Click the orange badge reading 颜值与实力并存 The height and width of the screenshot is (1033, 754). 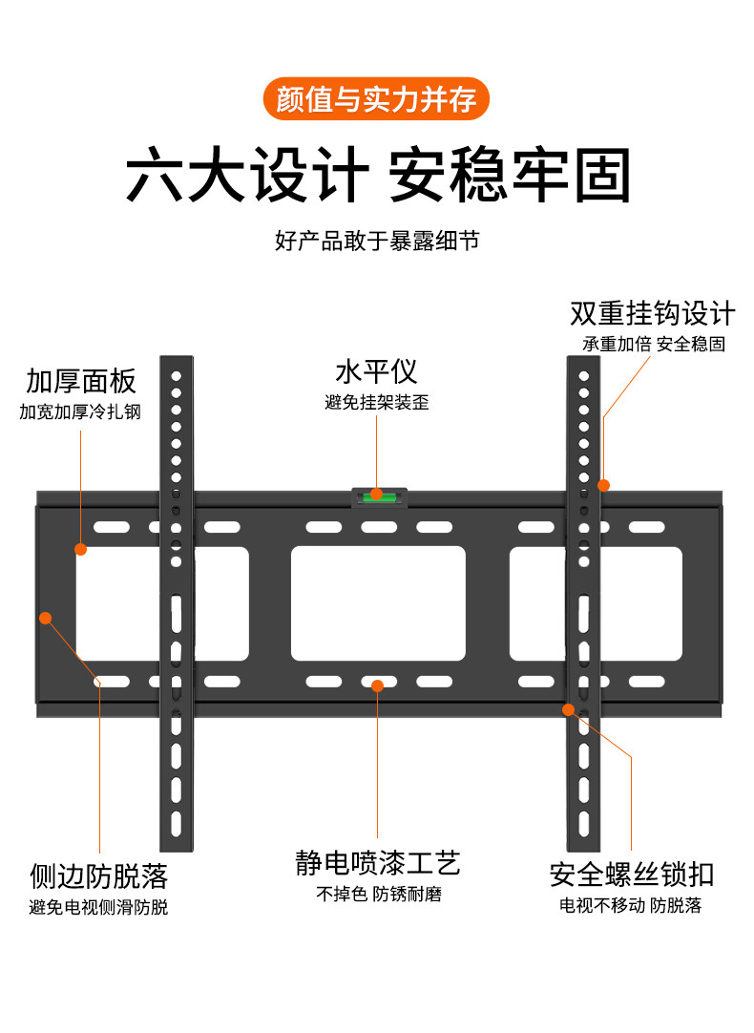click(x=376, y=98)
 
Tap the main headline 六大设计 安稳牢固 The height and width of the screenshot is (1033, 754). click(x=377, y=175)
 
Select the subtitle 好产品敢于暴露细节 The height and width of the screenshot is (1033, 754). click(x=376, y=240)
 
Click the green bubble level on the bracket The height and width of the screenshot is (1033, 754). click(x=377, y=495)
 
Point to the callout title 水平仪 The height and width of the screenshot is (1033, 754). click(x=376, y=371)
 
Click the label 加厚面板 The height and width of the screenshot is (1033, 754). click(x=81, y=382)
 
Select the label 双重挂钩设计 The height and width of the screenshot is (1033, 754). click(x=653, y=313)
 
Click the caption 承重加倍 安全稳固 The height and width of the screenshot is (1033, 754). click(x=653, y=344)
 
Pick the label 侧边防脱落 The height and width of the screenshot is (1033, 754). click(x=98, y=875)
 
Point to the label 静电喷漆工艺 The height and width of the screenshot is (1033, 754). click(x=378, y=864)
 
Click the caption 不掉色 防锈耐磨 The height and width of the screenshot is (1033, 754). click(x=378, y=895)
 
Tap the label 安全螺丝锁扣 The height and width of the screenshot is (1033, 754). click(x=631, y=875)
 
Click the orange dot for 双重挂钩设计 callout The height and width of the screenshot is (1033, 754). click(x=603, y=485)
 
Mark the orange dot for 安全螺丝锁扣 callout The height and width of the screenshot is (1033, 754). click(x=569, y=709)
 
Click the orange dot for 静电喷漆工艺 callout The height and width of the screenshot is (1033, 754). click(x=378, y=685)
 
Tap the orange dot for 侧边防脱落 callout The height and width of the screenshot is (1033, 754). click(x=45, y=618)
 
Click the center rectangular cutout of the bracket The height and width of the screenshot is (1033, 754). click(x=378, y=603)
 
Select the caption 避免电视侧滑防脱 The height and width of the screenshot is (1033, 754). click(x=98, y=906)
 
